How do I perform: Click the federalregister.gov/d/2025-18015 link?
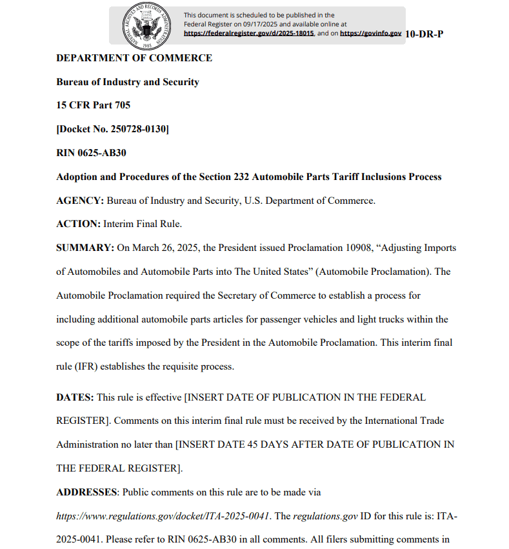pyautogui.click(x=249, y=33)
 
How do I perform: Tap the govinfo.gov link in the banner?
pyautogui.click(x=370, y=33)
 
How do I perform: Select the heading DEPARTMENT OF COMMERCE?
pyautogui.click(x=134, y=58)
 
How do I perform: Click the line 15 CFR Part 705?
pyautogui.click(x=93, y=105)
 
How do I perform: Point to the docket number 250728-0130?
pyautogui.click(x=135, y=129)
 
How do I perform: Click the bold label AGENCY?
pyautogui.click(x=80, y=201)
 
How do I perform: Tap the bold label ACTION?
pyautogui.click(x=78, y=224)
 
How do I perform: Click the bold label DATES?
pyautogui.click(x=75, y=397)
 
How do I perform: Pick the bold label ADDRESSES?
pyautogui.click(x=87, y=492)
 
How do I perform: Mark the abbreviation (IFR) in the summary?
pyautogui.click(x=86, y=366)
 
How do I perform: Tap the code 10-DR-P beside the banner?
pyautogui.click(x=424, y=34)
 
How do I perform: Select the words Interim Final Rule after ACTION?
pyautogui.click(x=143, y=224)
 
